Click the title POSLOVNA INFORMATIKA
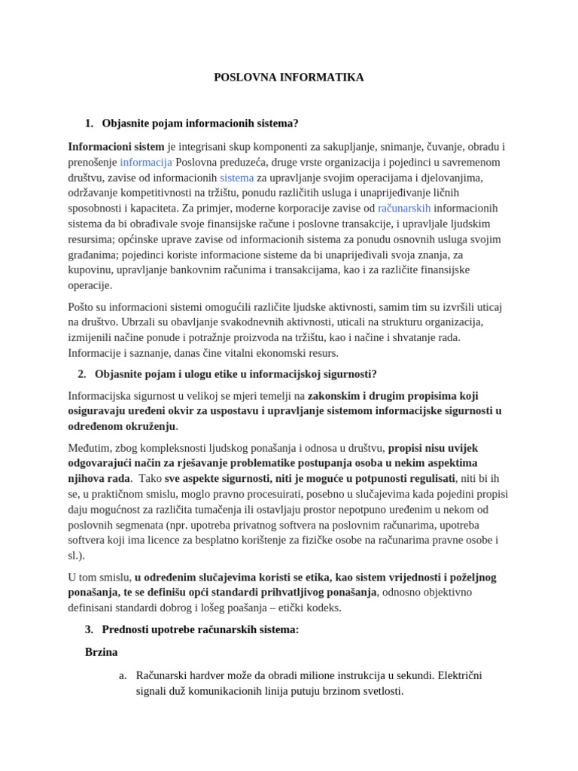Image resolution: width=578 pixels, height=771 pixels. (x=289, y=77)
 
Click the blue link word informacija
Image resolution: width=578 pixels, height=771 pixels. (x=146, y=162)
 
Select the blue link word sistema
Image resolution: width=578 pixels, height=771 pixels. (x=236, y=178)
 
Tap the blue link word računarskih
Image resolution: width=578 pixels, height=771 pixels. (x=404, y=208)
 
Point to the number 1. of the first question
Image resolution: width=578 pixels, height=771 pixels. (x=90, y=123)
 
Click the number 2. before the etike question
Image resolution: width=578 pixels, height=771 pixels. (x=82, y=374)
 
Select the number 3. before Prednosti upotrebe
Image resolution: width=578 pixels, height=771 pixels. (x=90, y=629)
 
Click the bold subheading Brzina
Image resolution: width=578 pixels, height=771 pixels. (x=102, y=651)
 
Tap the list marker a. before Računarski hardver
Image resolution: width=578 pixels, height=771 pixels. (x=123, y=675)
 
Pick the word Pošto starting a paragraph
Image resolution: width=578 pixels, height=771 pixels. (x=83, y=307)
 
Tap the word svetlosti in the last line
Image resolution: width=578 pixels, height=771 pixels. (x=380, y=690)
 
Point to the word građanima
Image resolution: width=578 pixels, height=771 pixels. (x=94, y=254)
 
